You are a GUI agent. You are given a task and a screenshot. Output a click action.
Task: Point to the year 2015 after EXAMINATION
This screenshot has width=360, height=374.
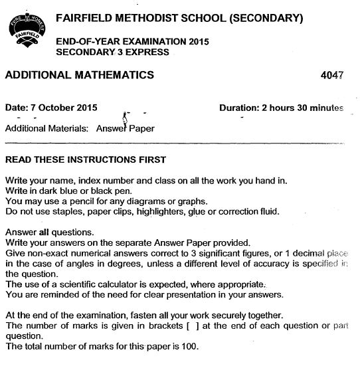pyautogui.click(x=198, y=41)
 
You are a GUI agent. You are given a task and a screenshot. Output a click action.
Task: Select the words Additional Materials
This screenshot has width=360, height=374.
pyautogui.click(x=45, y=127)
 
